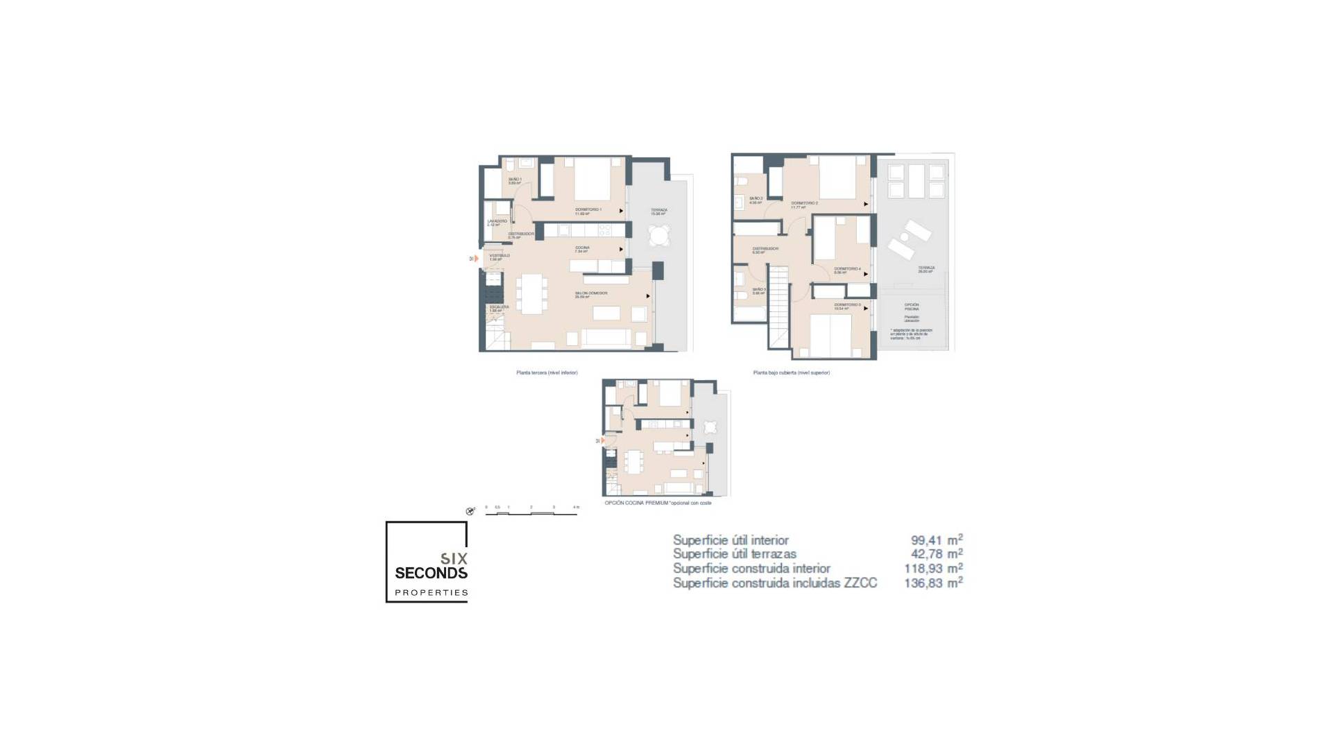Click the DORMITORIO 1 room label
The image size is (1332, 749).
point(588,209)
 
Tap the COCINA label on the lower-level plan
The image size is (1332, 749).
point(582,248)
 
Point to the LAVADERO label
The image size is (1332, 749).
point(497,221)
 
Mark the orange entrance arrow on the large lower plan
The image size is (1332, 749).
point(476,259)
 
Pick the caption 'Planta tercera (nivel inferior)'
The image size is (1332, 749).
point(547,373)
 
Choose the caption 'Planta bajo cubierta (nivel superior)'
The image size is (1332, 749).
point(792,373)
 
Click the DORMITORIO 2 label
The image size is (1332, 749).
point(804,203)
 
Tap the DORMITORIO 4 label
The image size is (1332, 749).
point(847,269)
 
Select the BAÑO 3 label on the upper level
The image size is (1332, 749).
point(759,290)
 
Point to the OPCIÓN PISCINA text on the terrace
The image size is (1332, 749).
point(912,307)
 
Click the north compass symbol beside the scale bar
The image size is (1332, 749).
point(470,512)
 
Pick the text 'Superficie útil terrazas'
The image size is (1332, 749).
point(734,554)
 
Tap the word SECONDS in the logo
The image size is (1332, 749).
point(431,574)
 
